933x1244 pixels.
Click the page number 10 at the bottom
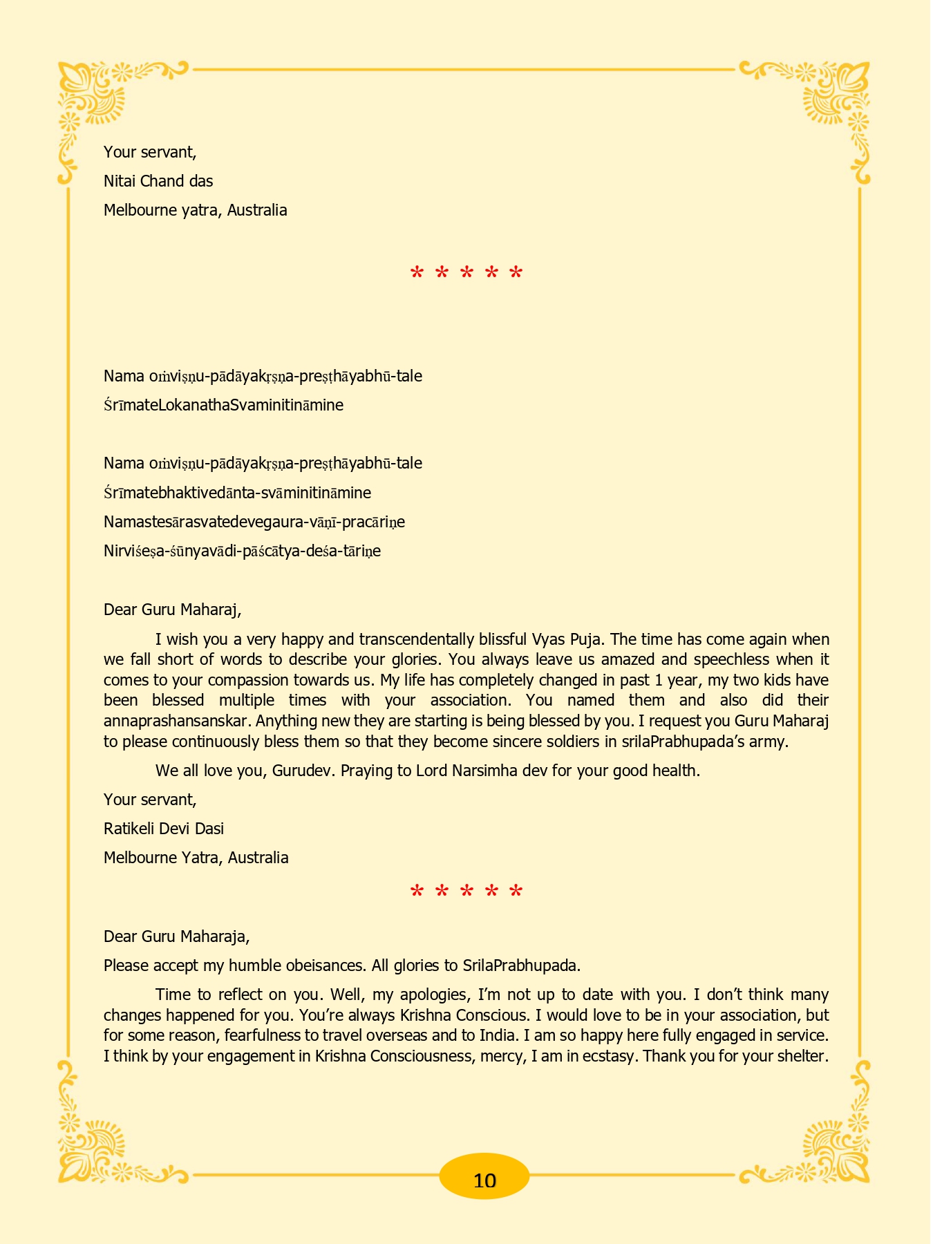(484, 1180)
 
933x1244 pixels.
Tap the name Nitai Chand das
(158, 181)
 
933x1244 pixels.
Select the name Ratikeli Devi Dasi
(164, 829)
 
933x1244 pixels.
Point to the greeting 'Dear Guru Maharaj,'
(172, 610)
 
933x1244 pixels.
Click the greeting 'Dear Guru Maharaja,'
(176, 936)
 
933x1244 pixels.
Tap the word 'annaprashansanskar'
(177, 721)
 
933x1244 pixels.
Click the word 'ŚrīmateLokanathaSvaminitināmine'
(223, 405)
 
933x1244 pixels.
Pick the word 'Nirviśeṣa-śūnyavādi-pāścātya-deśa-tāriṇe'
(242, 551)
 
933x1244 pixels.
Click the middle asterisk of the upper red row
(466, 274)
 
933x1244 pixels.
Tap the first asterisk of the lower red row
(417, 892)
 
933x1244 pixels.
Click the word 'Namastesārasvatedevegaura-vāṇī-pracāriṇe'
(254, 522)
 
